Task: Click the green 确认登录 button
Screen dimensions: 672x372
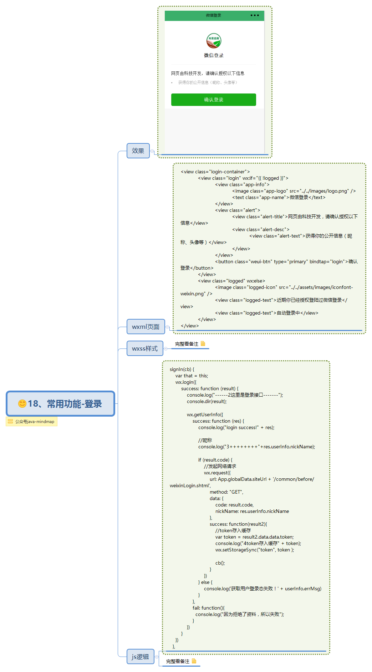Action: tap(213, 100)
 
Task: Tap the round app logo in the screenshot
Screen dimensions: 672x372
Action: tap(214, 41)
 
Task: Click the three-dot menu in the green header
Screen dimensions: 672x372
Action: tap(255, 15)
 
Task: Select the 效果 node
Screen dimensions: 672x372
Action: tap(138, 151)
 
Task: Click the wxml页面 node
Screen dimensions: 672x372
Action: tap(146, 327)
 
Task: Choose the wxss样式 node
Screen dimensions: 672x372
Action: tap(145, 348)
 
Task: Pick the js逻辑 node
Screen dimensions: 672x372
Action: tap(140, 657)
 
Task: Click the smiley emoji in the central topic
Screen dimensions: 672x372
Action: tap(22, 403)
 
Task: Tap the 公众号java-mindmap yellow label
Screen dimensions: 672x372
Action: tap(31, 422)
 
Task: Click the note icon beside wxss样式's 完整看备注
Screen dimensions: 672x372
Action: tap(203, 343)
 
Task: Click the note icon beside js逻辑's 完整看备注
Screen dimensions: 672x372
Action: tap(194, 661)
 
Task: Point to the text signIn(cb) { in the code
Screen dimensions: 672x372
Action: tap(182, 369)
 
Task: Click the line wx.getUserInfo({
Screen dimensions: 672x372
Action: tap(205, 414)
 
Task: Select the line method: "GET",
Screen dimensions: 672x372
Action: tap(226, 492)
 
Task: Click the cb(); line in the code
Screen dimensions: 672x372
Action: tap(220, 563)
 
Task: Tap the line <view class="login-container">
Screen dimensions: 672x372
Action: tap(215, 172)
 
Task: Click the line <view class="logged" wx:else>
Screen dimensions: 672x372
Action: tap(231, 281)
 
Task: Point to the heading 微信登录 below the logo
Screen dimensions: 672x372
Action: tap(214, 55)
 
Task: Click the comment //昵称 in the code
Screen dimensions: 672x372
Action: tap(205, 440)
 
